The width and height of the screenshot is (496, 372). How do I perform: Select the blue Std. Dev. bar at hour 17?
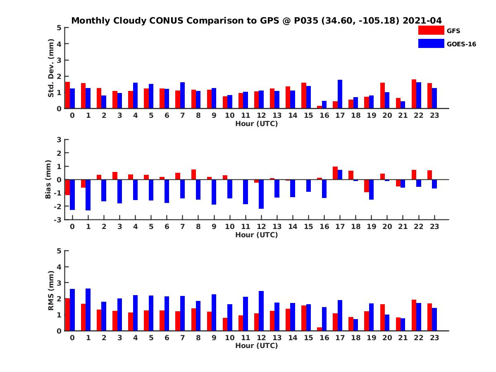340,94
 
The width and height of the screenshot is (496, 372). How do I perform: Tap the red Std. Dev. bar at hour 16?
320,107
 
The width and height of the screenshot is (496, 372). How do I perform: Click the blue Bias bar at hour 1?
88,195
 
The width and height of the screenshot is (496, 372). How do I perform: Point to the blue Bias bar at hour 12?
261,194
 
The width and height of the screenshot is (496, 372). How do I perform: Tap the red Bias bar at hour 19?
367,186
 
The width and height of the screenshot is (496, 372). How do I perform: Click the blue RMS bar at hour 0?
72,310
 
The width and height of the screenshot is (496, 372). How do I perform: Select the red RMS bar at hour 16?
320,329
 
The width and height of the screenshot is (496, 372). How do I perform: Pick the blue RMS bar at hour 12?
261,311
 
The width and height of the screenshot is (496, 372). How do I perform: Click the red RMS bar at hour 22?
414,315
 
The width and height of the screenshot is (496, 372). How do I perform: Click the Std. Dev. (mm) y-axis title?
51,68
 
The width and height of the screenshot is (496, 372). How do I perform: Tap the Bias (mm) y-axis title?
48,180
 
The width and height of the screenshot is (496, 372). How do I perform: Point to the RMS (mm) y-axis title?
51,291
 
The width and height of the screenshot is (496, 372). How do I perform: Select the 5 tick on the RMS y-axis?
59,251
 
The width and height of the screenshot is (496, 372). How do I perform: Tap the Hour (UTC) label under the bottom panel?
256,346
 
